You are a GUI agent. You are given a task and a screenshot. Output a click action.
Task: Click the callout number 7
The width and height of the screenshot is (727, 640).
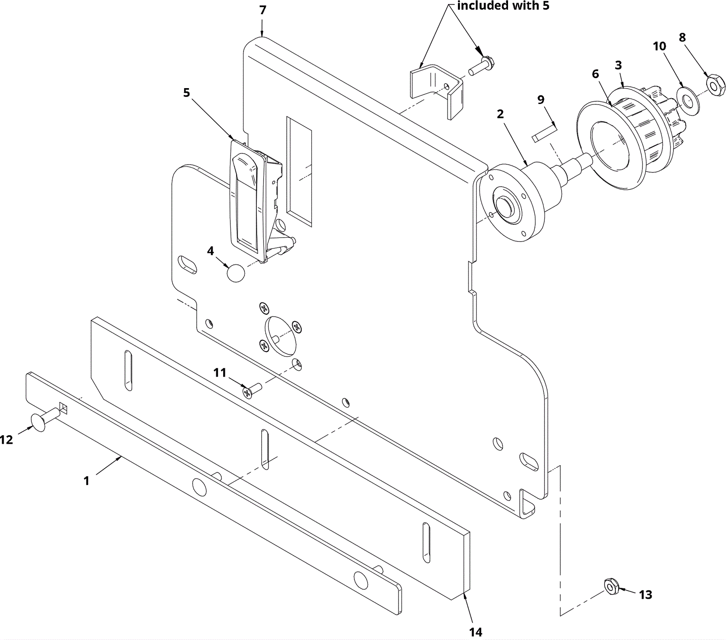pyautogui.click(x=263, y=10)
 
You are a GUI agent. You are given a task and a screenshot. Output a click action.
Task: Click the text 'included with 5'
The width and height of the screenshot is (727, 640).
pyautogui.click(x=503, y=6)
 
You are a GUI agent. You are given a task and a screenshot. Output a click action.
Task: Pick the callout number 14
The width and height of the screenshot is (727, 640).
pyautogui.click(x=476, y=632)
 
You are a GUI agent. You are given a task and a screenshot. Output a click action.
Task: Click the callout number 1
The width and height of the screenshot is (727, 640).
pyautogui.click(x=86, y=481)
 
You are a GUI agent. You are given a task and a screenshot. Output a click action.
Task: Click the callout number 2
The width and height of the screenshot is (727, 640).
pyautogui.click(x=500, y=114)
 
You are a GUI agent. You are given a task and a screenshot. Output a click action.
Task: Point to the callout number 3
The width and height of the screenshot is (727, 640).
pyautogui.click(x=618, y=65)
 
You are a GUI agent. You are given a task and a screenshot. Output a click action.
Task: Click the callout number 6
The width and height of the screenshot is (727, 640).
pyautogui.click(x=596, y=74)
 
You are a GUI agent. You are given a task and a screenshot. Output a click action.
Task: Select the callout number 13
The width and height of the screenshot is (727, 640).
pyautogui.click(x=646, y=595)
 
